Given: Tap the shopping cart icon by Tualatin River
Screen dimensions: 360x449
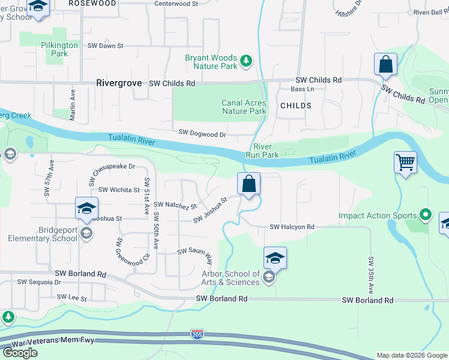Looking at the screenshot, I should (405, 162).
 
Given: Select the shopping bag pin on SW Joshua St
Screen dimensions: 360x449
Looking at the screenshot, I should (249, 184).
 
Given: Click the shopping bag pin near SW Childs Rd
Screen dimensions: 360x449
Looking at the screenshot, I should (385, 64).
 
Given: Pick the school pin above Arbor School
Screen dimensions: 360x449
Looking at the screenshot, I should (275, 258).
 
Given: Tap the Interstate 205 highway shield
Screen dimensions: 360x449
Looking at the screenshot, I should (196, 333).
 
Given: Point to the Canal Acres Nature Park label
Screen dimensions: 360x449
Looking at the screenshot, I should (244, 107).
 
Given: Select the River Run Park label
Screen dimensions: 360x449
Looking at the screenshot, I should (262, 151).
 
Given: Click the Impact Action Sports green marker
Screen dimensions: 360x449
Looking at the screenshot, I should (426, 214).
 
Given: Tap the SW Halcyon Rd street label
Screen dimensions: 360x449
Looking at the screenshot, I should (292, 227).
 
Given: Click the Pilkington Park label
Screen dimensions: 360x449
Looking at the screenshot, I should (59, 49).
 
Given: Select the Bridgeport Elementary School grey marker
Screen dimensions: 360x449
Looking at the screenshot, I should (86, 233).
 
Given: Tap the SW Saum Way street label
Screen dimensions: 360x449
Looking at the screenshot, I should (195, 255).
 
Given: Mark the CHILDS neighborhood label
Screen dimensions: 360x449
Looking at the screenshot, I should (295, 106).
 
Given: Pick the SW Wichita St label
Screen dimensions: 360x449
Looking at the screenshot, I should (119, 190).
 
